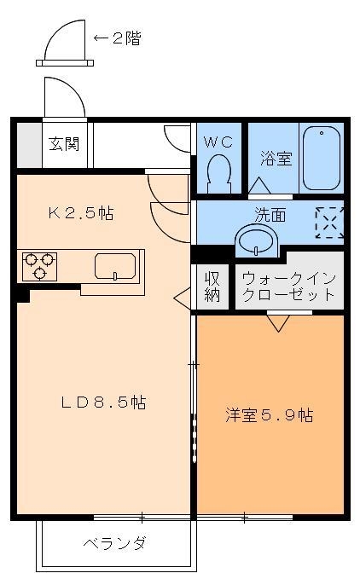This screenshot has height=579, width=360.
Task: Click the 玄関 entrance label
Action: pyautogui.click(x=64, y=142)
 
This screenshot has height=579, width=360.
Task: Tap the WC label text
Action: pyautogui.click(x=219, y=137)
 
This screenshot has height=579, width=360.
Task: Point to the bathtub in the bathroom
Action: pyautogui.click(x=322, y=159)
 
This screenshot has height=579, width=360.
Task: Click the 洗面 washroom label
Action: pyautogui.click(x=270, y=215)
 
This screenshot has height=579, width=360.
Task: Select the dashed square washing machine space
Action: pyautogui.click(x=328, y=222)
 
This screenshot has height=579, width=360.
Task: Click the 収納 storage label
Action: pyautogui.click(x=212, y=287)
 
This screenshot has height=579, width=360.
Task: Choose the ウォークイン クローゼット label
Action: pyautogui.click(x=287, y=287)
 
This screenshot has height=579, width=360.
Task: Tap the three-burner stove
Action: pyautogui.click(x=38, y=265)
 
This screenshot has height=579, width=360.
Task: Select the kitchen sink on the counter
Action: pyautogui.click(x=114, y=265)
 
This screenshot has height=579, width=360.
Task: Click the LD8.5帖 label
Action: pyautogui.click(x=103, y=402)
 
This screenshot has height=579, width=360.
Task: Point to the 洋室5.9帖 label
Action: pyautogui.click(x=269, y=415)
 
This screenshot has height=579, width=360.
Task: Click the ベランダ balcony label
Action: pyautogui.click(x=114, y=543)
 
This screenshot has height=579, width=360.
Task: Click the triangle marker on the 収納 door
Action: pyautogui.click(x=182, y=297)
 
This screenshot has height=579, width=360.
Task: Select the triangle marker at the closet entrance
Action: pyautogui.click(x=277, y=321)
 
